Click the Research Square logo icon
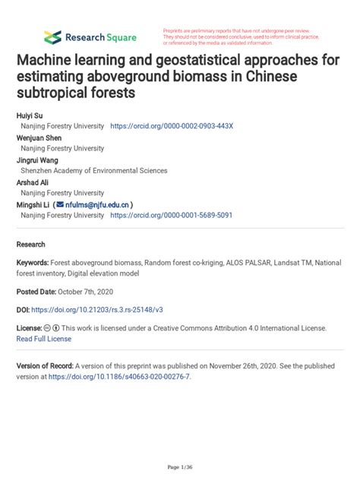click(x=52, y=36)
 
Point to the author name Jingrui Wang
click(x=37, y=159)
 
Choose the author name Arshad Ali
click(x=33, y=182)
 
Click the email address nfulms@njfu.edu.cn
click(x=97, y=204)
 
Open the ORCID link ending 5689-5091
click(x=171, y=216)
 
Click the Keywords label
click(x=35, y=262)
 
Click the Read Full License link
click(x=44, y=339)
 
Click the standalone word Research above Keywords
click(x=31, y=245)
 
